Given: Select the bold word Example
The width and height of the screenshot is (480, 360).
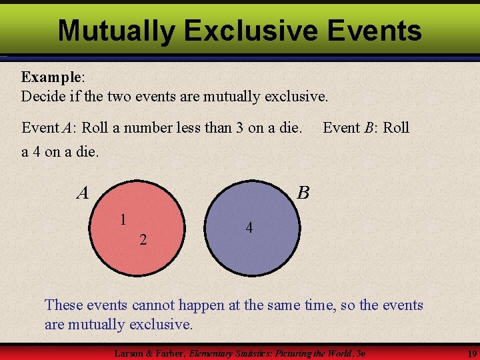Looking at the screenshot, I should point(50,77).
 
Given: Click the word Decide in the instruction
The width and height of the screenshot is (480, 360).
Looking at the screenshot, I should point(44,97).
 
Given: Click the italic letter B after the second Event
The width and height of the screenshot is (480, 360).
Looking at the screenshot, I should point(368,127).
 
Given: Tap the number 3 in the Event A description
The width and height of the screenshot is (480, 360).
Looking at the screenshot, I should point(239,127).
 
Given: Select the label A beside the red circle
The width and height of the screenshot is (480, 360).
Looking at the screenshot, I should point(83,193).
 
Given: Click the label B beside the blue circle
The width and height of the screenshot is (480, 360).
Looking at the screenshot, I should point(303,193).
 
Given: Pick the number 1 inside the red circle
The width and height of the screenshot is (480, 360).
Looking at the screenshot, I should point(123,219).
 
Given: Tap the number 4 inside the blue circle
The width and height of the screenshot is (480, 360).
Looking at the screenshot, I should point(249,228).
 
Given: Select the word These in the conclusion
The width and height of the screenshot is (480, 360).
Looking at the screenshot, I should point(64,305).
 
